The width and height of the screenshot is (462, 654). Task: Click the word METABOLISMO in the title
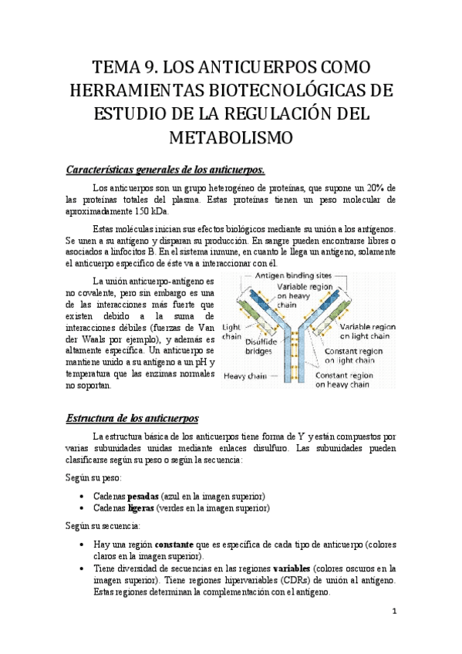point(231,139)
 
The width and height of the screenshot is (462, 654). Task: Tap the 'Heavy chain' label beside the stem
point(244,376)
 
